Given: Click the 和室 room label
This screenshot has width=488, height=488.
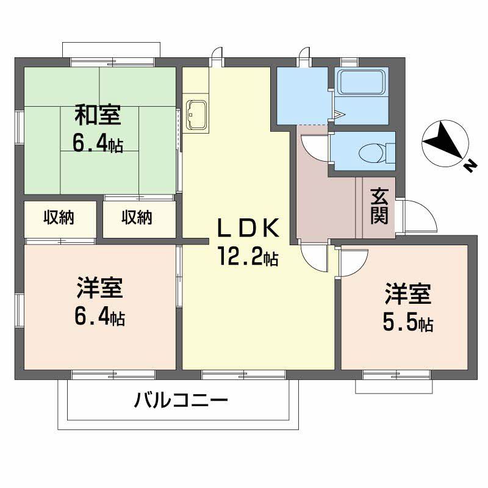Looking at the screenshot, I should click(98, 114).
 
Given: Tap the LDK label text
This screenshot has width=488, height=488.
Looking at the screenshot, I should click(249, 228).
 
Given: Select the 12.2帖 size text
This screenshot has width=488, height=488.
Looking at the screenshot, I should click(248, 258).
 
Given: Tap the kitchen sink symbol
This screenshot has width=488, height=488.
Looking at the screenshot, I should click(196, 113).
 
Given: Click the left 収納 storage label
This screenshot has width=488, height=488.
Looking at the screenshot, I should click(59, 218).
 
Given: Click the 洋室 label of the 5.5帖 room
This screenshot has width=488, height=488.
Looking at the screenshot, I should click(407, 294).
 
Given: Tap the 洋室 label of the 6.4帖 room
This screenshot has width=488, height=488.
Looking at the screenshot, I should click(99, 287).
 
